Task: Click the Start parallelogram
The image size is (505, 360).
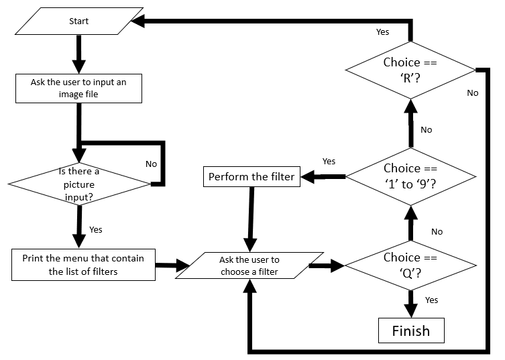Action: pos(79,21)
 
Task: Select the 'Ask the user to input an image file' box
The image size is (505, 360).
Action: pos(78,88)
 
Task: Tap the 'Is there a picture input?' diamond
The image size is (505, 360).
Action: pos(78,183)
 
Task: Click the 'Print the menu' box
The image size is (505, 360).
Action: pos(82,264)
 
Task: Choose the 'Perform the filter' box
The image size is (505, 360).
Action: pos(251,177)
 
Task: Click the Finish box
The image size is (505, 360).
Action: pos(410,331)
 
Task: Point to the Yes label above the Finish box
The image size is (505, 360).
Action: pos(431,300)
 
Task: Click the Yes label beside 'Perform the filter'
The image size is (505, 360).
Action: pos(329,161)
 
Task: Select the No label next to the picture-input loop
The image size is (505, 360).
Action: pos(152,163)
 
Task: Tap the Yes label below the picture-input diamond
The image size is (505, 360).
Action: pos(96,229)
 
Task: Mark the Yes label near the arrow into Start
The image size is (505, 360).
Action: pos(382,32)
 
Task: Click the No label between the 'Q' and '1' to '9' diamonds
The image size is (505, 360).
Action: pos(437,231)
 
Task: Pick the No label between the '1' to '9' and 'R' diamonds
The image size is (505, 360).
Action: pos(427,129)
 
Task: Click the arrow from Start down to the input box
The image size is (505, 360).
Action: pos(79,54)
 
